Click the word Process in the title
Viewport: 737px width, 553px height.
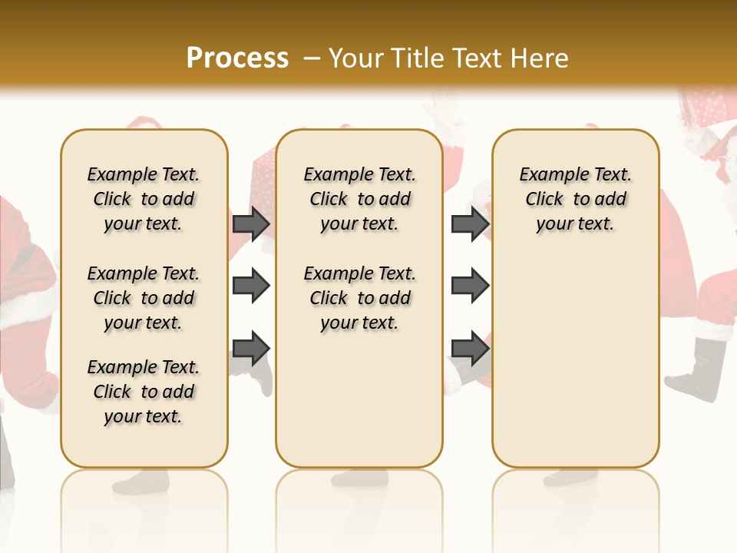237,58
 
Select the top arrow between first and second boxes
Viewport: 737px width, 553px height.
251,224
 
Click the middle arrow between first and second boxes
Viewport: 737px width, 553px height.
251,286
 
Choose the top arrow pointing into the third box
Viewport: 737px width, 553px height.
470,224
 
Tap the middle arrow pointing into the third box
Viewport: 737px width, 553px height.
470,286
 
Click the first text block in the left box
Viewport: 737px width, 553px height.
144,199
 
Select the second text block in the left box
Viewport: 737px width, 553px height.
144,298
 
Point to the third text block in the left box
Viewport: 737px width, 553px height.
144,392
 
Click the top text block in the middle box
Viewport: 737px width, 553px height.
359,199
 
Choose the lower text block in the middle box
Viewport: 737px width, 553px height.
359,298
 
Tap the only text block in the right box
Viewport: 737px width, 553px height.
575,199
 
